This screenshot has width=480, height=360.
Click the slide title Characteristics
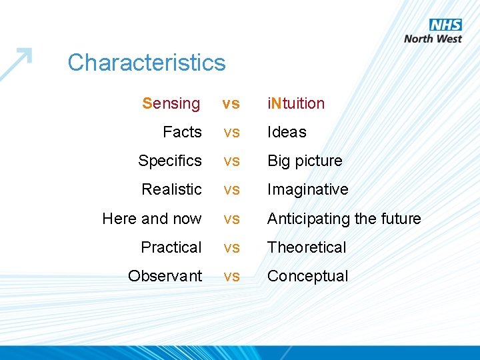pyautogui.click(x=147, y=63)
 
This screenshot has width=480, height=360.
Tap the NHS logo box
pyautogui.click(x=445, y=25)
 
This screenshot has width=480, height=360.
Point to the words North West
pyautogui.click(x=433, y=39)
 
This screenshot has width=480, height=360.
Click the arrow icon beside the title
pyautogui.click(x=17, y=63)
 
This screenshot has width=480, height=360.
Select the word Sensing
pyautogui.click(x=171, y=103)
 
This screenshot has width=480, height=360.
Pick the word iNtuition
pyautogui.click(x=296, y=103)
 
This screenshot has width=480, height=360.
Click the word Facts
pyautogui.click(x=182, y=132)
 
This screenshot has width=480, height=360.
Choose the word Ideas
pyautogui.click(x=287, y=132)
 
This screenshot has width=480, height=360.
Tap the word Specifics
pyautogui.click(x=170, y=161)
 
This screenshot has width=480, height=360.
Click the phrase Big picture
pyautogui.click(x=305, y=161)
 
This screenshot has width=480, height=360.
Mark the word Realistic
pyautogui.click(x=171, y=189)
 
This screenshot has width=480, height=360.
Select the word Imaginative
pyautogui.click(x=308, y=189)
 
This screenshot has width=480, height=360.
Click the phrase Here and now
pyautogui.click(x=152, y=219)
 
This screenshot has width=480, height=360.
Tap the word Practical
pyautogui.click(x=171, y=247)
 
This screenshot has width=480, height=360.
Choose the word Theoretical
pyautogui.click(x=307, y=247)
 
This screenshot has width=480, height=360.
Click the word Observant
pyautogui.click(x=165, y=276)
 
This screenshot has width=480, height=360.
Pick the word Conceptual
pyautogui.click(x=308, y=276)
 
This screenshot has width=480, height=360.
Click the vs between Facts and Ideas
pyautogui.click(x=231, y=133)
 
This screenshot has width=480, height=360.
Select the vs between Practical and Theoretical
pyautogui.click(x=231, y=248)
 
